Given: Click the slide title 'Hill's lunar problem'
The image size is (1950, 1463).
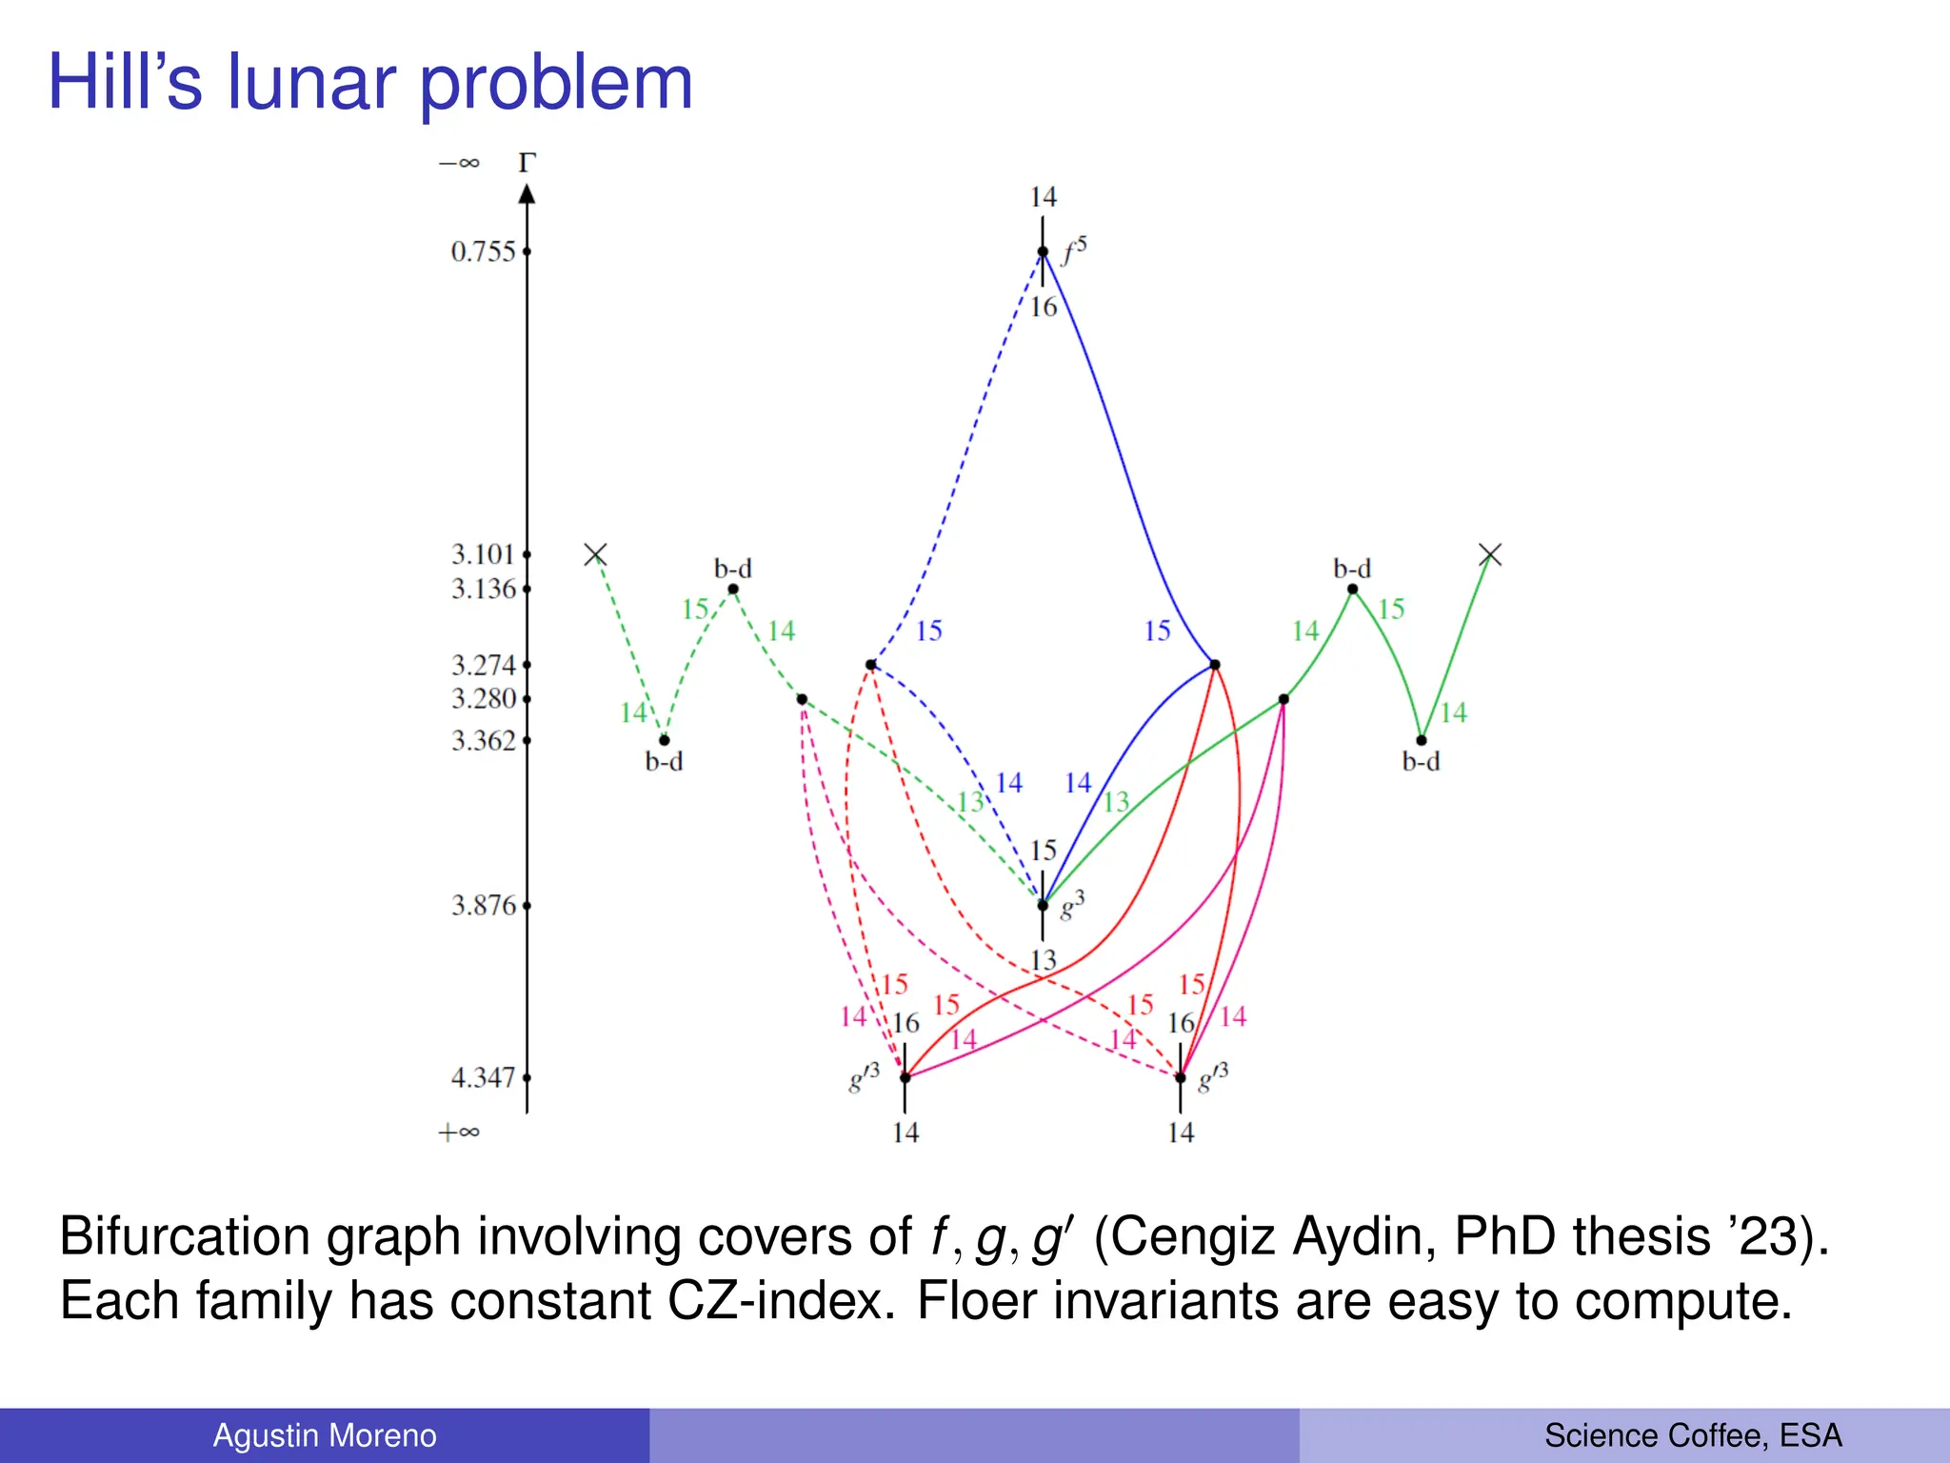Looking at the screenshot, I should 370,83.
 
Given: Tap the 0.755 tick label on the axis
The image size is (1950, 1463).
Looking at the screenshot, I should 483,252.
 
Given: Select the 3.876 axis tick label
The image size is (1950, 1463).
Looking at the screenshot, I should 483,906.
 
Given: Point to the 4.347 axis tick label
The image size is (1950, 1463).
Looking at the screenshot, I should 483,1078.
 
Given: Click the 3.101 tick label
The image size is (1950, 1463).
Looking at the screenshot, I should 483,554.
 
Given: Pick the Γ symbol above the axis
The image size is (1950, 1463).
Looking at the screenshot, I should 527,163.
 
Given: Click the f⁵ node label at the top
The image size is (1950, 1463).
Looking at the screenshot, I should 1074,251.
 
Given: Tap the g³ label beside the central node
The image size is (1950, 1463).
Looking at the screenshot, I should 1072,905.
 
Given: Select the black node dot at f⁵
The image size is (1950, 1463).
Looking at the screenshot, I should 1043,252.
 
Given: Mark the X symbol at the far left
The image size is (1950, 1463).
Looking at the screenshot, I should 595,554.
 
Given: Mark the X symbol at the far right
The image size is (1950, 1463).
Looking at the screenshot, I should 1490,554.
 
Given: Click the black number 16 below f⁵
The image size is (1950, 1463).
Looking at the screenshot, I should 1044,307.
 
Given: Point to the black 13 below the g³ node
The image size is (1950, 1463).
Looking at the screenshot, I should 1044,960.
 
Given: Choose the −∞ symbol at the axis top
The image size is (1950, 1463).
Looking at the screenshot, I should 459,163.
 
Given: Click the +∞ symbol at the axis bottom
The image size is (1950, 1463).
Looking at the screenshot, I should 458,1132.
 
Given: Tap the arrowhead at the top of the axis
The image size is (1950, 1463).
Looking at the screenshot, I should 527,193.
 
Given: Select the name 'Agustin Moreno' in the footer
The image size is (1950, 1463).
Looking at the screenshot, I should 325,1435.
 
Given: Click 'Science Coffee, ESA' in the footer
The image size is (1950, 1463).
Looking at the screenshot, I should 1693,1435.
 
